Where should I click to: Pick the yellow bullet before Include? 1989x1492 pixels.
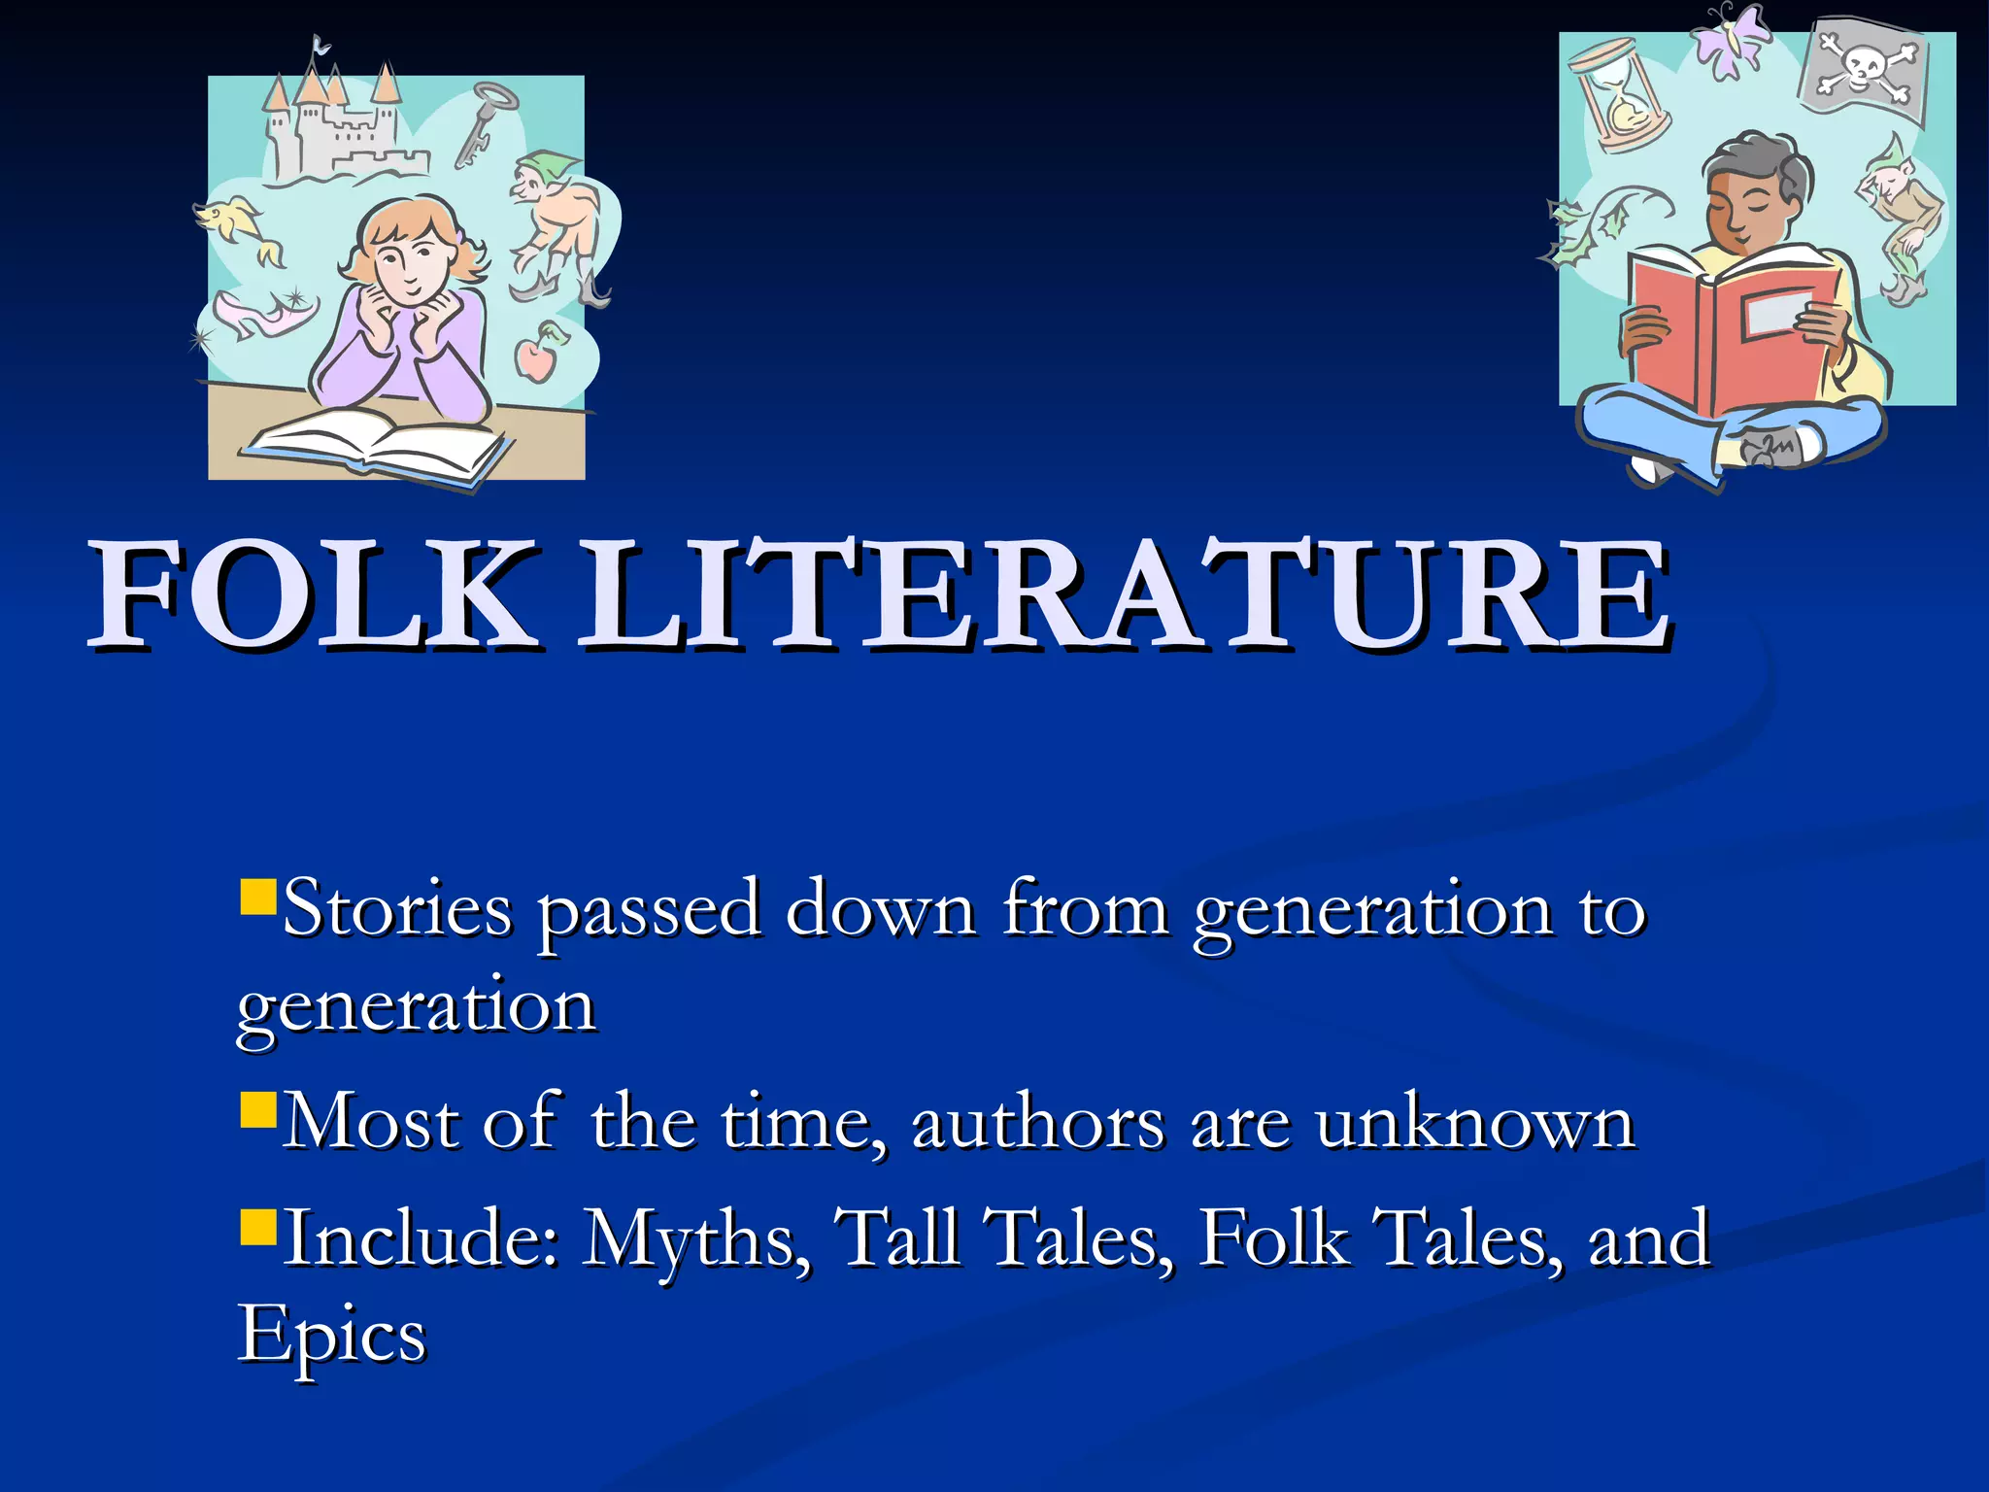click(x=258, y=1226)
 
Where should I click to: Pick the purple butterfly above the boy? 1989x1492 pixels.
click(x=1731, y=39)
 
